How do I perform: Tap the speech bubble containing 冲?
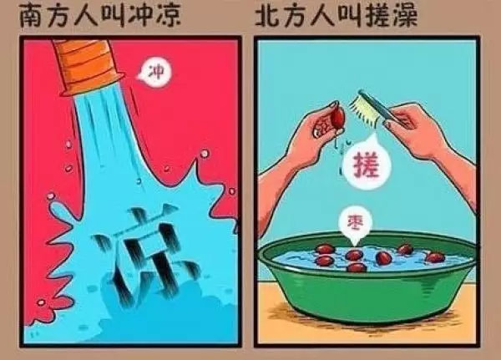point(155,72)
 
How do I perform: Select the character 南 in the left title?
point(30,15)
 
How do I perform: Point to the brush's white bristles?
point(367,109)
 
